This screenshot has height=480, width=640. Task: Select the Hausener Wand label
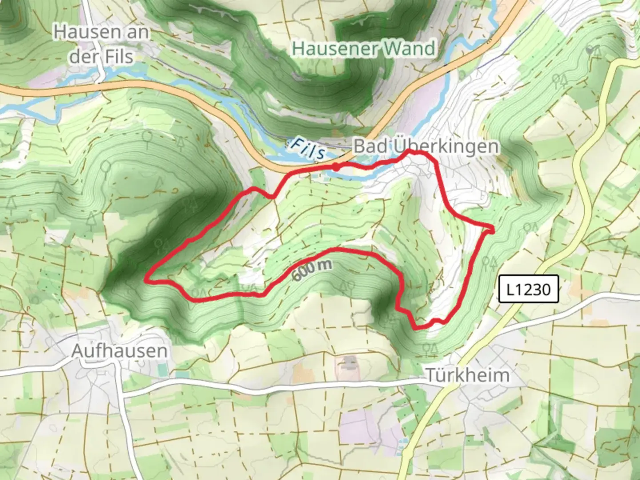(363, 48)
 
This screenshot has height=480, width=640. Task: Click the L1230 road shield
(528, 289)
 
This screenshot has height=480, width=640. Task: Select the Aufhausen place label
(120, 351)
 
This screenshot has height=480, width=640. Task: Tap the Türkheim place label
(468, 375)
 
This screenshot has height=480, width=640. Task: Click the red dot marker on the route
(336, 167)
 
